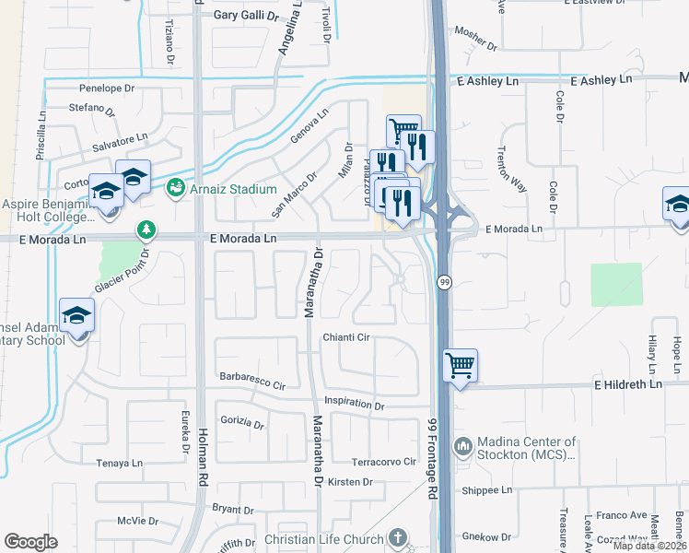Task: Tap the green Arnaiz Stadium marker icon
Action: [174, 188]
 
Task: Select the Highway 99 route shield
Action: [443, 282]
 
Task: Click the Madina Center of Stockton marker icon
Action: [462, 447]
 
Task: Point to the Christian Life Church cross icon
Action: [397, 536]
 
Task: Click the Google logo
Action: [30, 542]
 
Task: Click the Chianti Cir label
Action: [345, 337]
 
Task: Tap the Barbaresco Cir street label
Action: [253, 378]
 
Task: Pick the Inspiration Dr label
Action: [355, 404]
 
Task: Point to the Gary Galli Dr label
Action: [245, 16]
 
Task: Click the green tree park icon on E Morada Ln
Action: [145, 228]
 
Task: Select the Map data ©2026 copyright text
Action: [650, 546]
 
